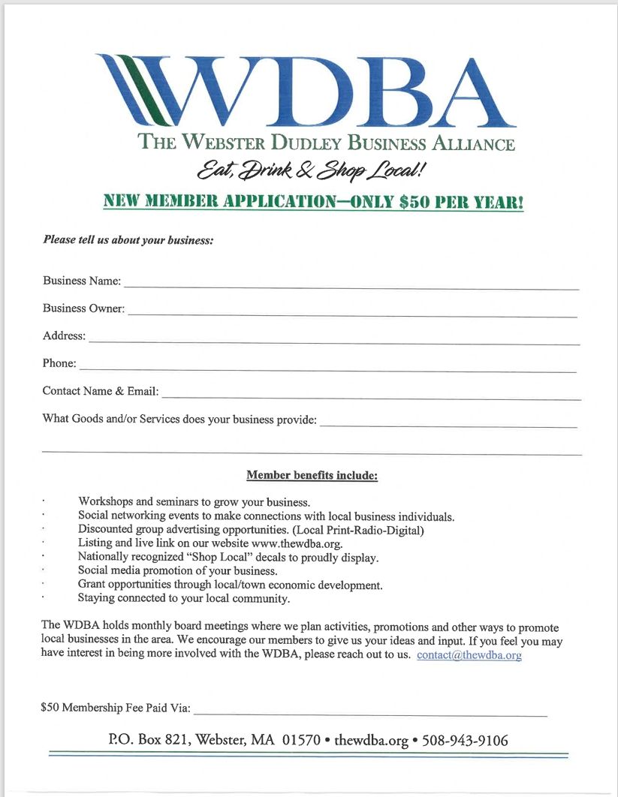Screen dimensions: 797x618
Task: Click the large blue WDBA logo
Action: [306, 90]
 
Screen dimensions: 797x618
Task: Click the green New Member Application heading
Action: [313, 202]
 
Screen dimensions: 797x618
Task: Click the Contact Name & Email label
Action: [100, 391]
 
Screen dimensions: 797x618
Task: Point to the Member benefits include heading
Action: [312, 476]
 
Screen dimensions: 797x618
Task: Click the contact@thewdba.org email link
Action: [469, 655]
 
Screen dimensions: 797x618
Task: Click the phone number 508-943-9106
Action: [465, 741]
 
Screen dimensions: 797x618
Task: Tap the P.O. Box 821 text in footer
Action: [149, 741]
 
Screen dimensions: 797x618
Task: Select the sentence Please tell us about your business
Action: [128, 240]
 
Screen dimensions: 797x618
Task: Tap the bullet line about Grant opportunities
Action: [230, 585]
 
